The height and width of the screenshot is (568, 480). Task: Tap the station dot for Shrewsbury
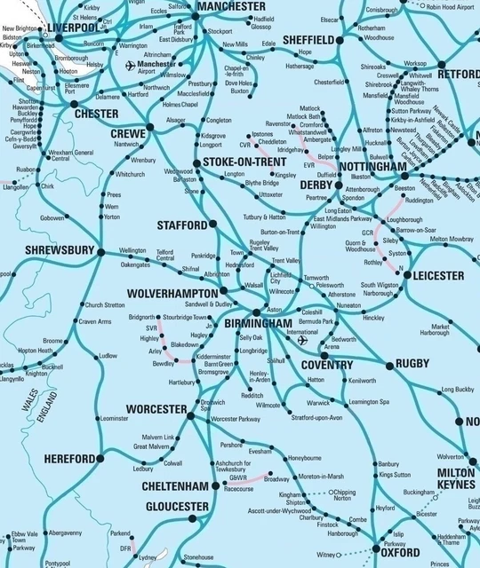pos(100,252)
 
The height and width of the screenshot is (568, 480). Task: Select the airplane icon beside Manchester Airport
pos(131,67)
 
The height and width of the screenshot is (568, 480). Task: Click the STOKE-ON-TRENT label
pos(243,162)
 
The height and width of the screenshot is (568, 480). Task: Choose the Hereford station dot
pos(100,458)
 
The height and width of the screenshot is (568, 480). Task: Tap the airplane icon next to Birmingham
pos(302,340)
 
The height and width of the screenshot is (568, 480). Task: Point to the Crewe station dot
pos(149,127)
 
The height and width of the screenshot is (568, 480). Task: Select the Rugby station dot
pos(389,365)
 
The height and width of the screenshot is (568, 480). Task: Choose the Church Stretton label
pos(105,304)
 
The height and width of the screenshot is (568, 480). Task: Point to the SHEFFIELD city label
pos(308,40)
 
